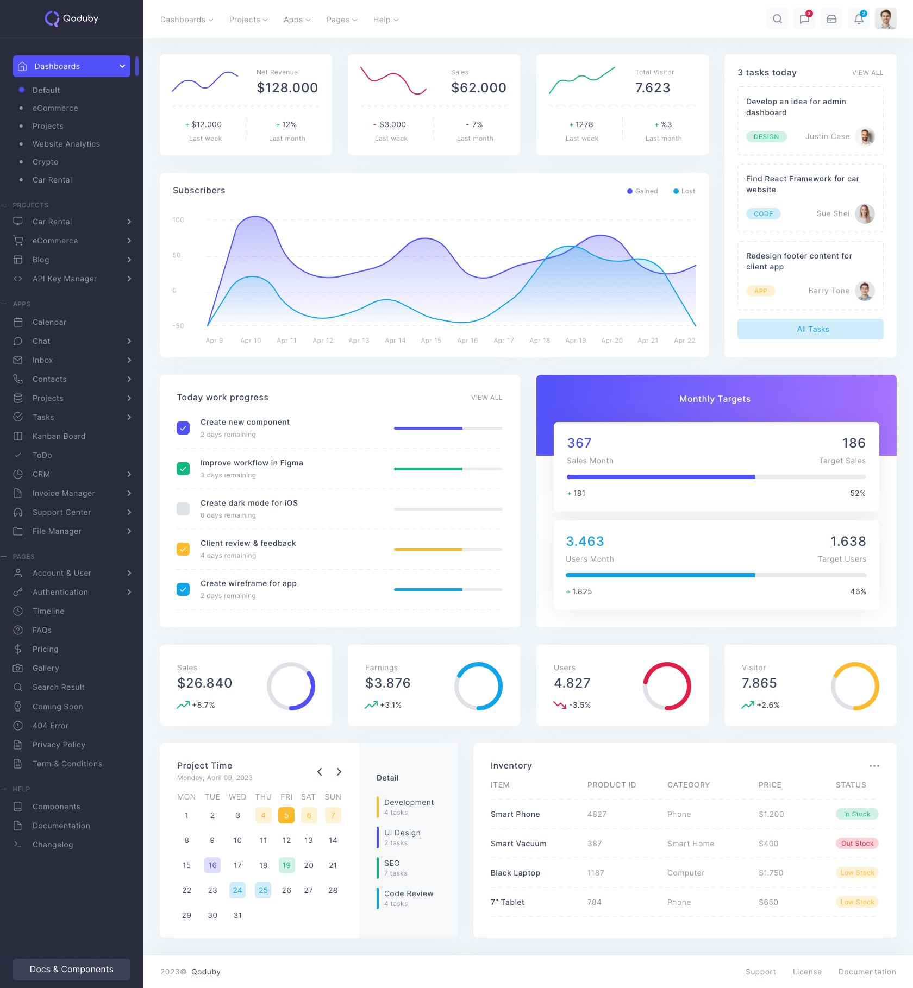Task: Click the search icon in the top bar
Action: coord(777,19)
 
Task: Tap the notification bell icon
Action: coord(859,19)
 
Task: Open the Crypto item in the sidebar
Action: coord(45,162)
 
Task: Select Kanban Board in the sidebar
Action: coord(59,436)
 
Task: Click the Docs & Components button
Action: coord(72,969)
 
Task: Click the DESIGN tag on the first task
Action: coord(766,137)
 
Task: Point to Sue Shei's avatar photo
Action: coord(865,213)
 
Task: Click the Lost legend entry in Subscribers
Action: coord(684,191)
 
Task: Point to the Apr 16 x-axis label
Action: coord(467,341)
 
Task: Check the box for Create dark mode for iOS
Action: coord(183,509)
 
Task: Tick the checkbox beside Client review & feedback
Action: coord(183,549)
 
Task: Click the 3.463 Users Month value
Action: coord(585,541)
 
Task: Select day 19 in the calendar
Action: coord(286,865)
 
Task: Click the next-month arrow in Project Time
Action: coord(339,772)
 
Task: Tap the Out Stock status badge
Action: coord(857,844)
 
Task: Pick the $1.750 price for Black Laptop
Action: coord(771,873)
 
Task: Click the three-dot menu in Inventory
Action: coord(874,766)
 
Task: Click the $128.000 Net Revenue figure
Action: coord(287,88)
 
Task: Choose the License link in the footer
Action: coord(807,972)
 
